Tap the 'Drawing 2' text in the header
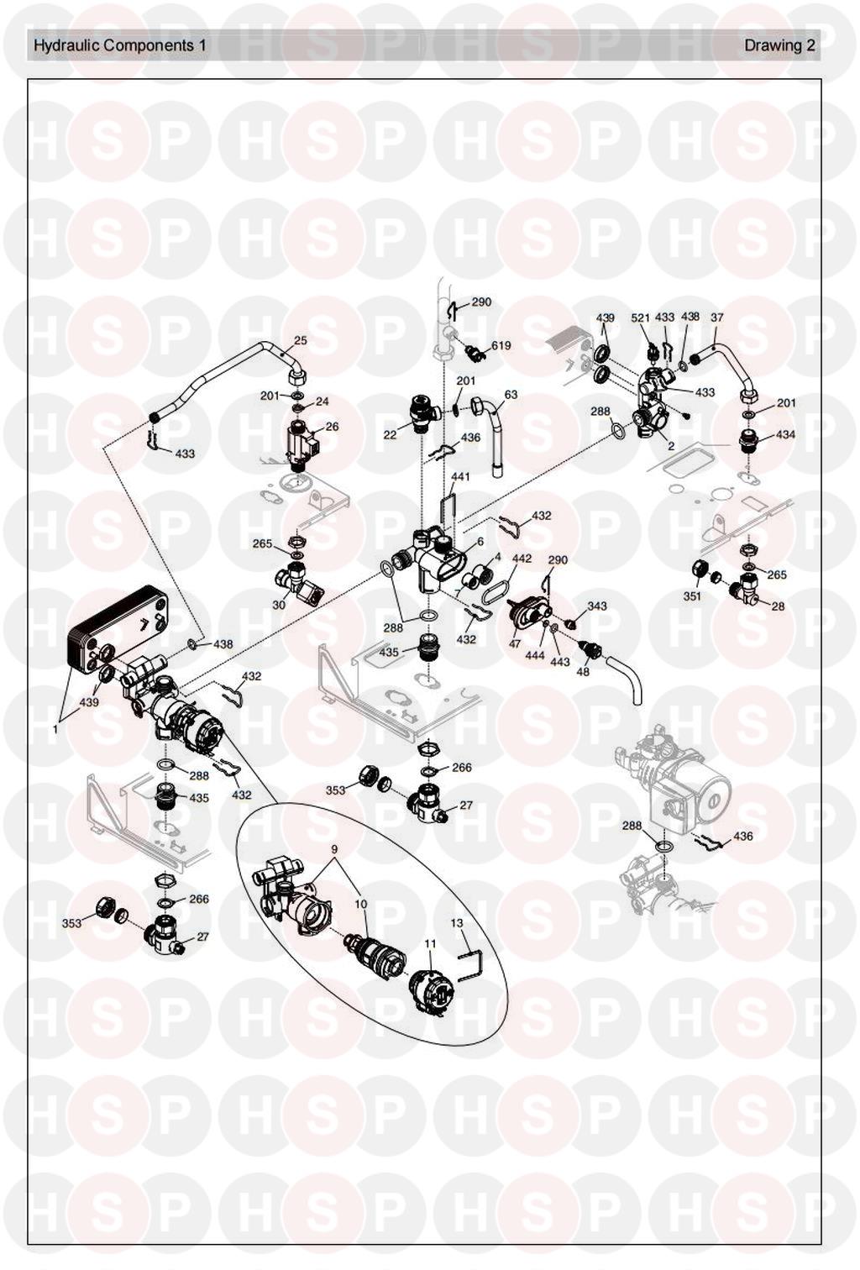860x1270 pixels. [779, 45]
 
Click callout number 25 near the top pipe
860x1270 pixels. [300, 342]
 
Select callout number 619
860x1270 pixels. [501, 345]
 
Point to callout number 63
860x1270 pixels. [511, 394]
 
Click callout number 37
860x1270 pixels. [716, 317]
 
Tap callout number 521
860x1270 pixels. [641, 317]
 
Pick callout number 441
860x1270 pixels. [460, 476]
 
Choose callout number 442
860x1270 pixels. [522, 558]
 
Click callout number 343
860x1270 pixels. [596, 606]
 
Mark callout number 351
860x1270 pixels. [691, 596]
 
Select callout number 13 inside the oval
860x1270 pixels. [457, 922]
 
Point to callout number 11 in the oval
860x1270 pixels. [430, 943]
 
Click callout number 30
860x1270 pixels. [279, 605]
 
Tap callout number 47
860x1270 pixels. [515, 643]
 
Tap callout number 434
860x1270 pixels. [785, 435]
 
